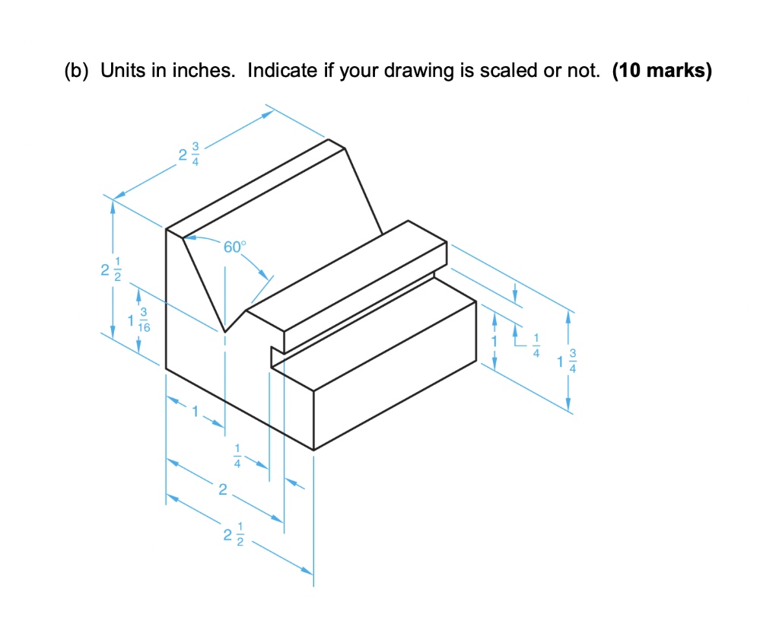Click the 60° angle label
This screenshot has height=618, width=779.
point(235,247)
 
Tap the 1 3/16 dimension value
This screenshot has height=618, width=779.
point(139,320)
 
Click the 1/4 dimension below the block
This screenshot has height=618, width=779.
point(237,455)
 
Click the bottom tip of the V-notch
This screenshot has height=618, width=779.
point(224,332)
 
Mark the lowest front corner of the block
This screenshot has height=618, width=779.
point(313,450)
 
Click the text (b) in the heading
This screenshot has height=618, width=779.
point(78,72)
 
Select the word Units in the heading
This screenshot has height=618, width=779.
point(120,72)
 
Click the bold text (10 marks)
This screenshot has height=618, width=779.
point(661,72)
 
